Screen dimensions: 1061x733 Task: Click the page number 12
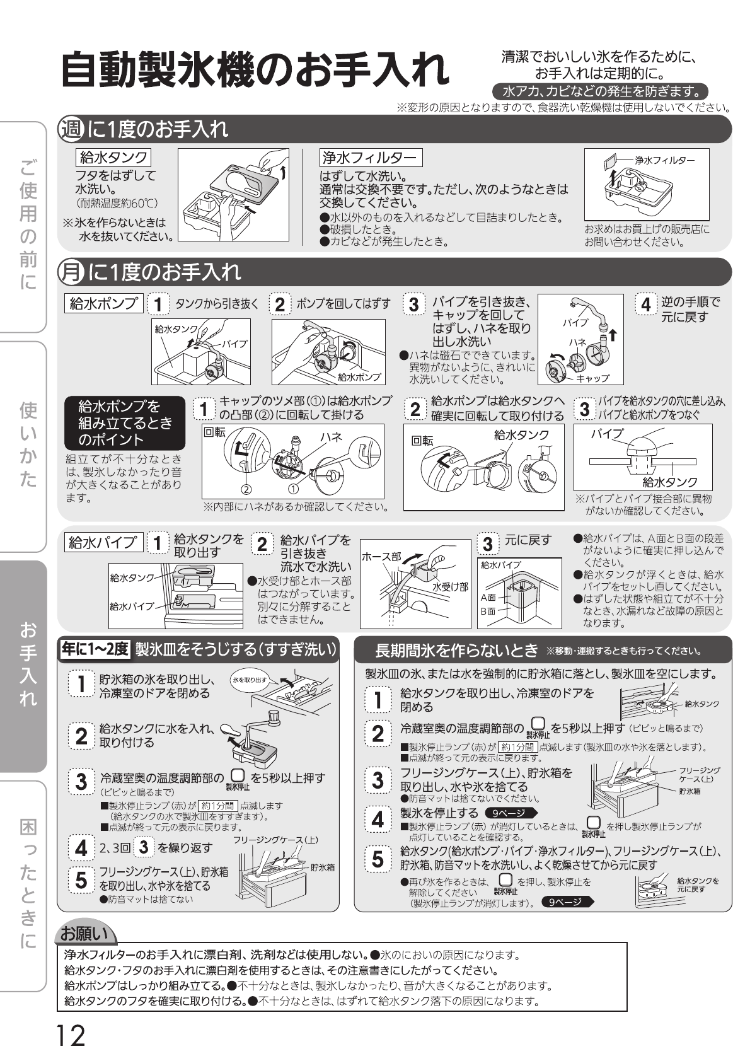click(x=71, y=1035)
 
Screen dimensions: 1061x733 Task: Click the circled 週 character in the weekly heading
click(x=71, y=129)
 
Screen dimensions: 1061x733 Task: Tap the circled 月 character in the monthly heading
click(x=71, y=272)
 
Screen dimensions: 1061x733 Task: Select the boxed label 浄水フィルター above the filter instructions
click(x=371, y=158)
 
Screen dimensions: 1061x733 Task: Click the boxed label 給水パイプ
click(x=102, y=542)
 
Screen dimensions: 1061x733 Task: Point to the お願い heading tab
click(x=84, y=932)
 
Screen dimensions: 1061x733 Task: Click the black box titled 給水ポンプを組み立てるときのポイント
click(x=125, y=423)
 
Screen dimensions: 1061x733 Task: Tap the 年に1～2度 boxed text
click(x=95, y=649)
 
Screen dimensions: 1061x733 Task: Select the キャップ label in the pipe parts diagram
click(x=592, y=378)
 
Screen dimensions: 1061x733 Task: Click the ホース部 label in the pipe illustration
click(x=381, y=557)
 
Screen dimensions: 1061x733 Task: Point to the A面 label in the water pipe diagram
click(x=488, y=597)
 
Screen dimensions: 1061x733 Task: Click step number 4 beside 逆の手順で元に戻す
click(x=646, y=304)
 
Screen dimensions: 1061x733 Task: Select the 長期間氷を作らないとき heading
click(x=456, y=650)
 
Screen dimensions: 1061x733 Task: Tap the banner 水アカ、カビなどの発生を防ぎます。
click(x=599, y=91)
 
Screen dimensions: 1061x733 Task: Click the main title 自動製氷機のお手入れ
click(x=255, y=69)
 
